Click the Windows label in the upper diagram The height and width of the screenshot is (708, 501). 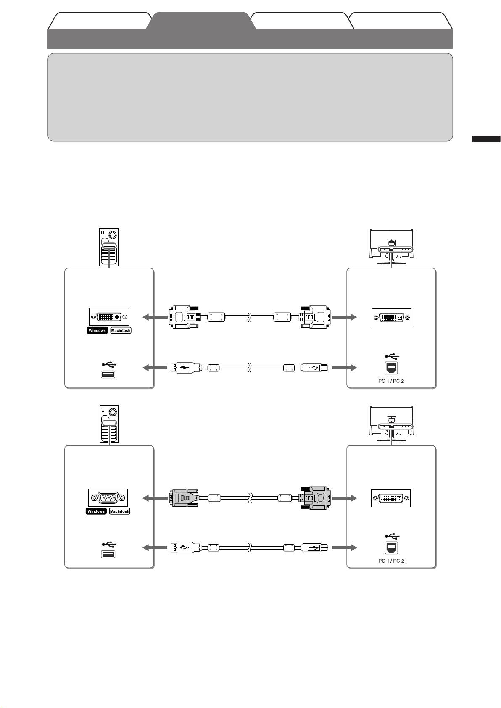click(x=98, y=331)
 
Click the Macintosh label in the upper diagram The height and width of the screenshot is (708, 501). click(x=121, y=331)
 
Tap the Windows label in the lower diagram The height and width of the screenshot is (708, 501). click(x=96, y=511)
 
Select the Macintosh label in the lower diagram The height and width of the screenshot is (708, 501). click(x=120, y=511)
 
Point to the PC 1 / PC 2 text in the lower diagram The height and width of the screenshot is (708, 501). click(x=390, y=561)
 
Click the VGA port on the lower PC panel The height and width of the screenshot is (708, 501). click(x=108, y=498)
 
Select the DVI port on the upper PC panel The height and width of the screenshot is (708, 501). click(x=109, y=317)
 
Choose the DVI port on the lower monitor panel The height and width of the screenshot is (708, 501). click(x=390, y=498)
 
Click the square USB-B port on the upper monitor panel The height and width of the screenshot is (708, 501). click(x=392, y=368)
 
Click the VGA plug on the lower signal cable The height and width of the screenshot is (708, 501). click(x=184, y=498)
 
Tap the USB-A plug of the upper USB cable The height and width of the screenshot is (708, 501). click(x=184, y=368)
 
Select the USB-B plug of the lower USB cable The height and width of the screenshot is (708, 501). click(x=314, y=548)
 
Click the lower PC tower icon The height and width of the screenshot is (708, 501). click(x=109, y=424)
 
